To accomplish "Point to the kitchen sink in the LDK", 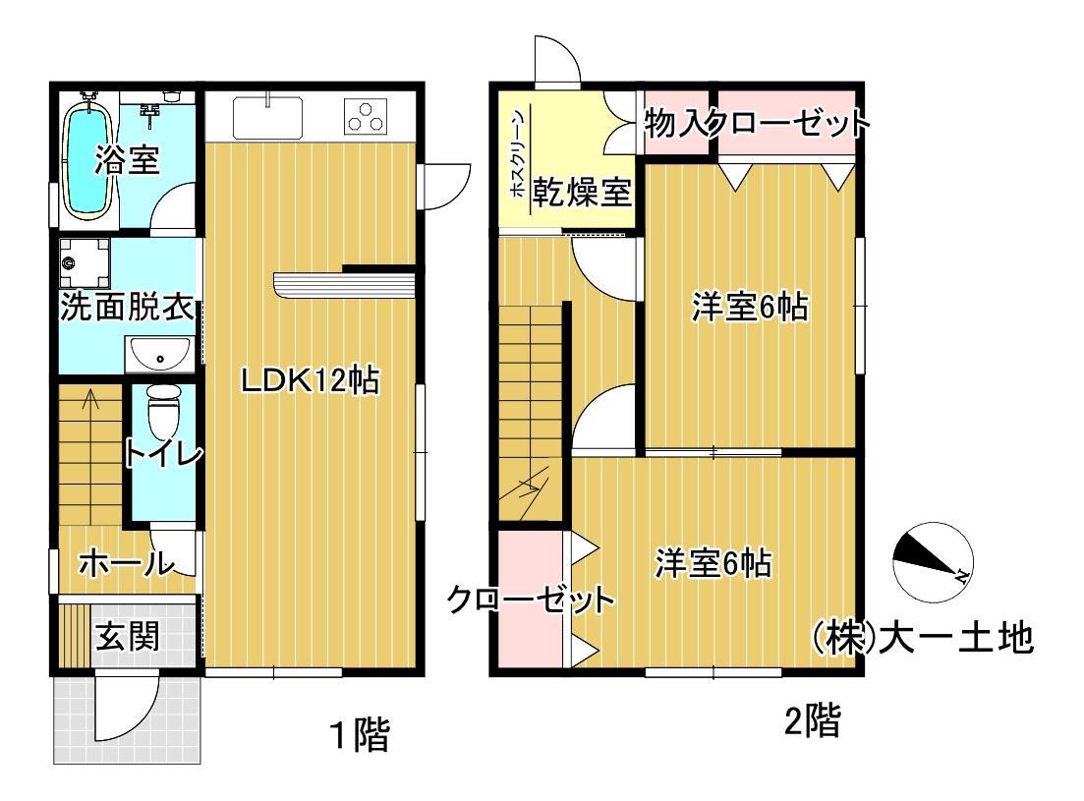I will coord(269,117).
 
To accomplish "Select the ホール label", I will coord(125,564).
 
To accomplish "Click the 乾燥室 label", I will coord(581,192).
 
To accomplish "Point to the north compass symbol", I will coord(932,561).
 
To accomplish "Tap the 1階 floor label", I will coord(359,734).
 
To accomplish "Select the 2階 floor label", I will coord(812,724).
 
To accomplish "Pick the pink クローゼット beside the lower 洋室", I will coord(532,600).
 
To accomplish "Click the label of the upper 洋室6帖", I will coord(749,308).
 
